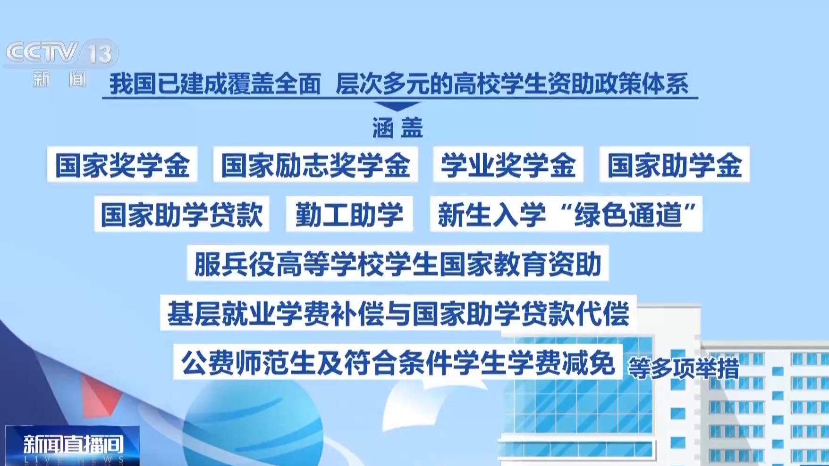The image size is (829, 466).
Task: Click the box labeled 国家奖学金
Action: coord(122,165)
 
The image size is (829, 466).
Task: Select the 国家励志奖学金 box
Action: coord(315,165)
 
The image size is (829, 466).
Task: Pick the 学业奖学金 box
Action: coord(508,165)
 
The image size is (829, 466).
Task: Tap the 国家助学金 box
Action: coord(675,165)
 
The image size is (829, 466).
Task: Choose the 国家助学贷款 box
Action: coord(182,214)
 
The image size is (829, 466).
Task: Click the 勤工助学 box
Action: coord(349,214)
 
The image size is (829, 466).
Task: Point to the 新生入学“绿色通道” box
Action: coord(566,214)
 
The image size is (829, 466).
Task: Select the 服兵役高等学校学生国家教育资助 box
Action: coord(398,263)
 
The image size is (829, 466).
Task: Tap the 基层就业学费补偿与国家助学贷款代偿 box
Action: coord(398,313)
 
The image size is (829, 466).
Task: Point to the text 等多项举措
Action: coord(683,368)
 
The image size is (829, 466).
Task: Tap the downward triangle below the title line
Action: coord(397,106)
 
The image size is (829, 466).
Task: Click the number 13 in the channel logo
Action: coord(100,53)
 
